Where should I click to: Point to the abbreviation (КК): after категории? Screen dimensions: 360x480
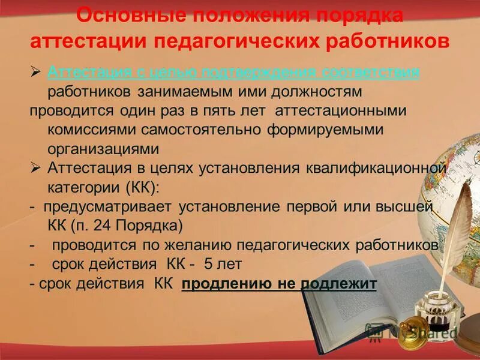pos(142,188)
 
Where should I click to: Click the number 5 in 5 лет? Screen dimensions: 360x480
pos(208,265)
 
